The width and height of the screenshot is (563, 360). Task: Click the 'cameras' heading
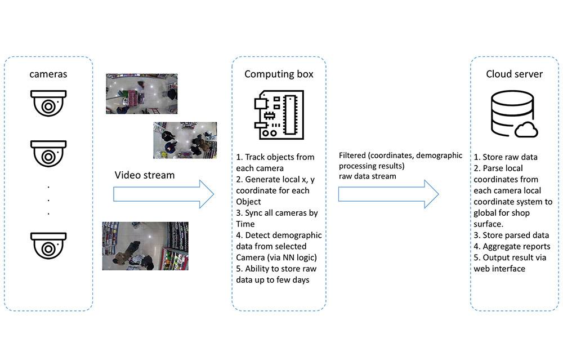[x=48, y=75]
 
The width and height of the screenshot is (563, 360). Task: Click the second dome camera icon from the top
[x=48, y=153]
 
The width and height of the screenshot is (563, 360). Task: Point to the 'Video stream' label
[x=145, y=175]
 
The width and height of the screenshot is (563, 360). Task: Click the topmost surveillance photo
[x=141, y=95]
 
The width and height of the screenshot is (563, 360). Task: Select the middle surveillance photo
[x=177, y=140]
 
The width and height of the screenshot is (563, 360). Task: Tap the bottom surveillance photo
[x=145, y=245]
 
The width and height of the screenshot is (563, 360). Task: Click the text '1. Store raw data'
[x=505, y=157]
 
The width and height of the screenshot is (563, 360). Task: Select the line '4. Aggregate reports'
[x=512, y=246]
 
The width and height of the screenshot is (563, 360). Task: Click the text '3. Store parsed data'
[x=511, y=235]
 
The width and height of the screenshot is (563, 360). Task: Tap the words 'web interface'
[x=499, y=269]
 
